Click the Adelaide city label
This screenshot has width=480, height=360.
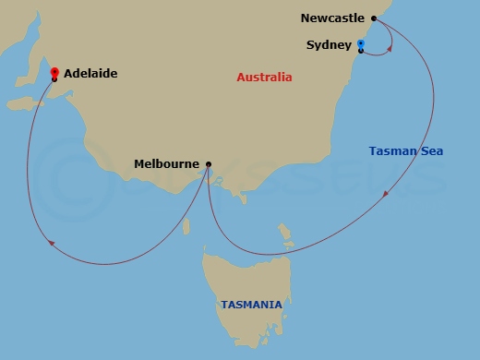click(x=90, y=73)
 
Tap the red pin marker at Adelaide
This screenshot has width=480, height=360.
click(x=54, y=72)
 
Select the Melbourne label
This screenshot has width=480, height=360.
click(x=166, y=164)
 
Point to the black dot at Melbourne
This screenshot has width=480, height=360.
click(x=209, y=164)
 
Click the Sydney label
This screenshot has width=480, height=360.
click(x=328, y=44)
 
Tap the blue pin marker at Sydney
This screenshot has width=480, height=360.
click(x=360, y=43)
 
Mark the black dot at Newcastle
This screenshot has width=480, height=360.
click(x=374, y=18)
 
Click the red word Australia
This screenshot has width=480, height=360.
click(x=264, y=78)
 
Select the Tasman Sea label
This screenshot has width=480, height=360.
click(x=406, y=151)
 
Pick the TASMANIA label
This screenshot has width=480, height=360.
click(x=251, y=304)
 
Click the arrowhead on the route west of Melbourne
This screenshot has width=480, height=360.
click(x=50, y=243)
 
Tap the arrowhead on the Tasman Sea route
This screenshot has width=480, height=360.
click(x=386, y=195)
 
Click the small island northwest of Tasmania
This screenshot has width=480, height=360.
click(x=186, y=225)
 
